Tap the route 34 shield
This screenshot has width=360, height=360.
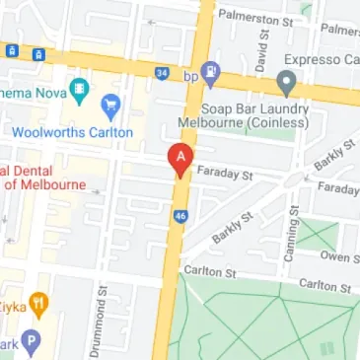[161, 71]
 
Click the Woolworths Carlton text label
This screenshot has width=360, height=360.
[72, 131]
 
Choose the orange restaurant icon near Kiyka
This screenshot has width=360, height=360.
[37, 305]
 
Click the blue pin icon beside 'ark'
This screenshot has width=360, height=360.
[31, 343]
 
